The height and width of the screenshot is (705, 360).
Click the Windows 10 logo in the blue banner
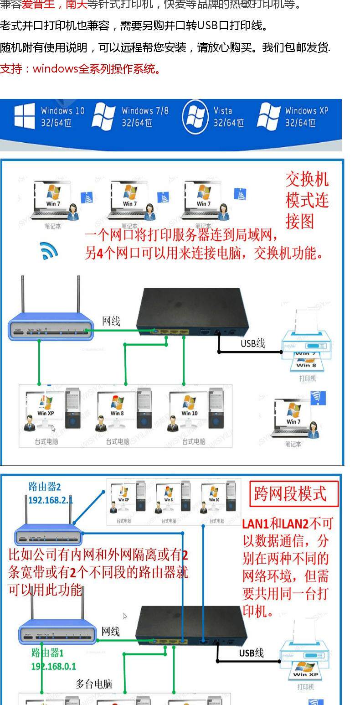point(24,116)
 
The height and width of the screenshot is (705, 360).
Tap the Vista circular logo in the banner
point(195,117)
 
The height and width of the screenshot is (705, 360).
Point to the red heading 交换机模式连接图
point(307,200)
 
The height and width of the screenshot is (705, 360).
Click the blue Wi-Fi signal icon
point(49,251)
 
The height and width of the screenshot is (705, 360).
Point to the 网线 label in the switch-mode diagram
point(111,321)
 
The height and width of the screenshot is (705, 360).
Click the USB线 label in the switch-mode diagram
point(252,343)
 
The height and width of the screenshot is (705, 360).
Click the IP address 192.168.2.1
point(50,500)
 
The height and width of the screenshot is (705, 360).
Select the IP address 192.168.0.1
point(53,666)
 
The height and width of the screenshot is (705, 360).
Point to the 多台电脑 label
point(93,684)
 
